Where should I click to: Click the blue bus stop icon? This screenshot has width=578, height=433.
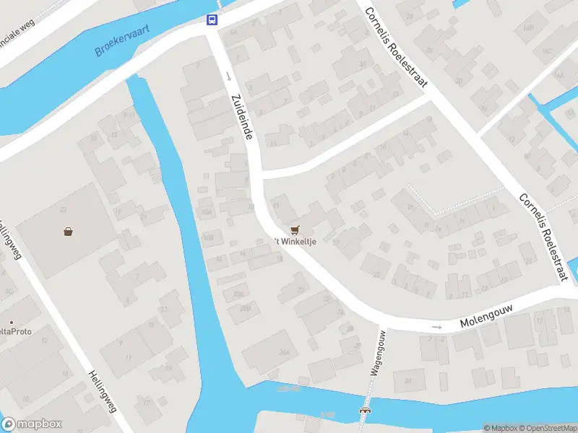point(212,19)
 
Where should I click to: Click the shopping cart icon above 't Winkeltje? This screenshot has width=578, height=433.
point(294,230)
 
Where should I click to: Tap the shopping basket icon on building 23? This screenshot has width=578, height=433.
point(68,232)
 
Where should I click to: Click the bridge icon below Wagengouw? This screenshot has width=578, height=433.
point(364,410)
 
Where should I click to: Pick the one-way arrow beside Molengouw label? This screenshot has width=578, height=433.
point(436,328)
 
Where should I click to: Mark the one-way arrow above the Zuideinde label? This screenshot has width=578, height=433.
point(228,76)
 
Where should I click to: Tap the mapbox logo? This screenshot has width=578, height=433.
point(32,424)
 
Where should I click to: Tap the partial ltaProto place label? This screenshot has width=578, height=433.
point(12,332)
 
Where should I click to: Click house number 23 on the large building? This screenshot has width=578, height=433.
point(64,210)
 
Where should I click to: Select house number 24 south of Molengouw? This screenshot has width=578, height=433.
point(408,380)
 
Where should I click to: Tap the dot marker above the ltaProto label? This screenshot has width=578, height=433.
point(12,322)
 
